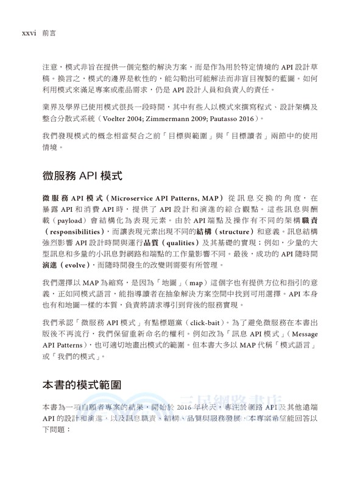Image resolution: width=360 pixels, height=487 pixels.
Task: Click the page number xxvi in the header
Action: pyautogui.click(x=28, y=28)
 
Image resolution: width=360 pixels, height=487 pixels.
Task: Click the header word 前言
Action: pyautogui.click(x=50, y=28)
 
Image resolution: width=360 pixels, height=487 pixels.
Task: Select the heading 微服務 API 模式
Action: pyautogui.click(x=82, y=177)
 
